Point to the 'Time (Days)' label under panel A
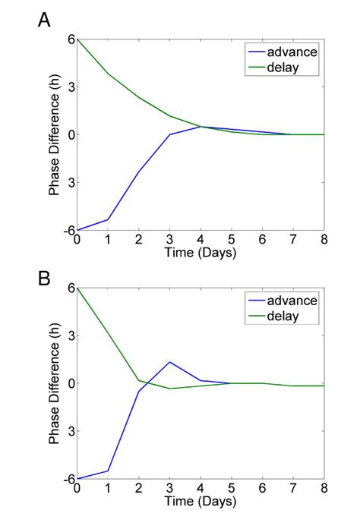coord(201,253)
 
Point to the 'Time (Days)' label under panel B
coord(201,502)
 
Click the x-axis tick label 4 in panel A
coord(201,240)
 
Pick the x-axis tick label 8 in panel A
coord(324,240)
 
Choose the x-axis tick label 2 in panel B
coord(139,489)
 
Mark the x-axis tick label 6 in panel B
coord(263,489)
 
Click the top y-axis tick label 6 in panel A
coord(69,39)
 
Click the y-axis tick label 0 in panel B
coord(69,383)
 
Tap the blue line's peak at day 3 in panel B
coord(169,362)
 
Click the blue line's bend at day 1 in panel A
coord(108,219)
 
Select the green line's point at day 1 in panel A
coord(108,74)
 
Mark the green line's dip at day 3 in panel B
coord(169,389)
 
